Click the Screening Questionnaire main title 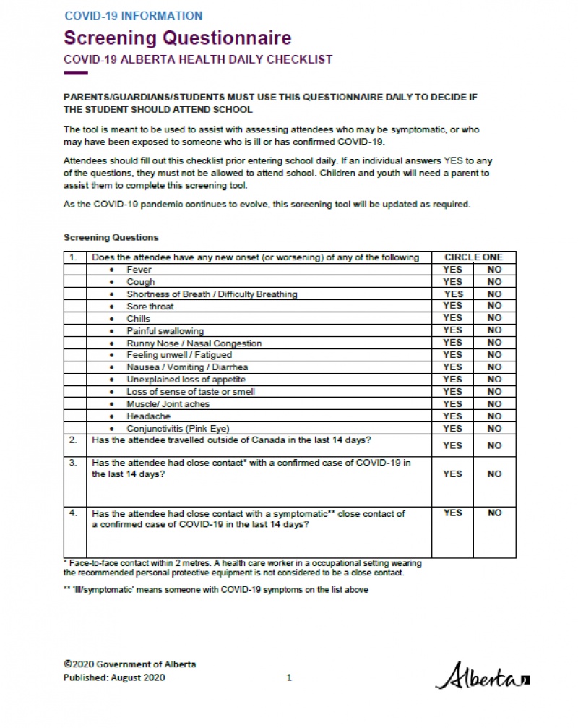(178, 38)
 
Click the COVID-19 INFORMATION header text (134, 15)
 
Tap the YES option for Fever (452, 270)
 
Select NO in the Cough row (494, 282)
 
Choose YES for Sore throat (452, 306)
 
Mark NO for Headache (494, 416)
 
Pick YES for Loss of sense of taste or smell (452, 392)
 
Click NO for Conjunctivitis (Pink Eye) (494, 429)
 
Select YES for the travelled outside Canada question (452, 445)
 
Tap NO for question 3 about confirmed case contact (494, 474)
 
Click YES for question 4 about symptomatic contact (452, 513)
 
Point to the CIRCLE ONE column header (473, 257)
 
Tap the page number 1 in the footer (289, 677)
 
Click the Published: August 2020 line (114, 677)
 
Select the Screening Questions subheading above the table (111, 237)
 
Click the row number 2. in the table (73, 440)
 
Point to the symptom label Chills (139, 318)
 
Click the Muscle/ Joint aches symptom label (168, 404)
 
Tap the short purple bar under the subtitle (76, 73)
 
